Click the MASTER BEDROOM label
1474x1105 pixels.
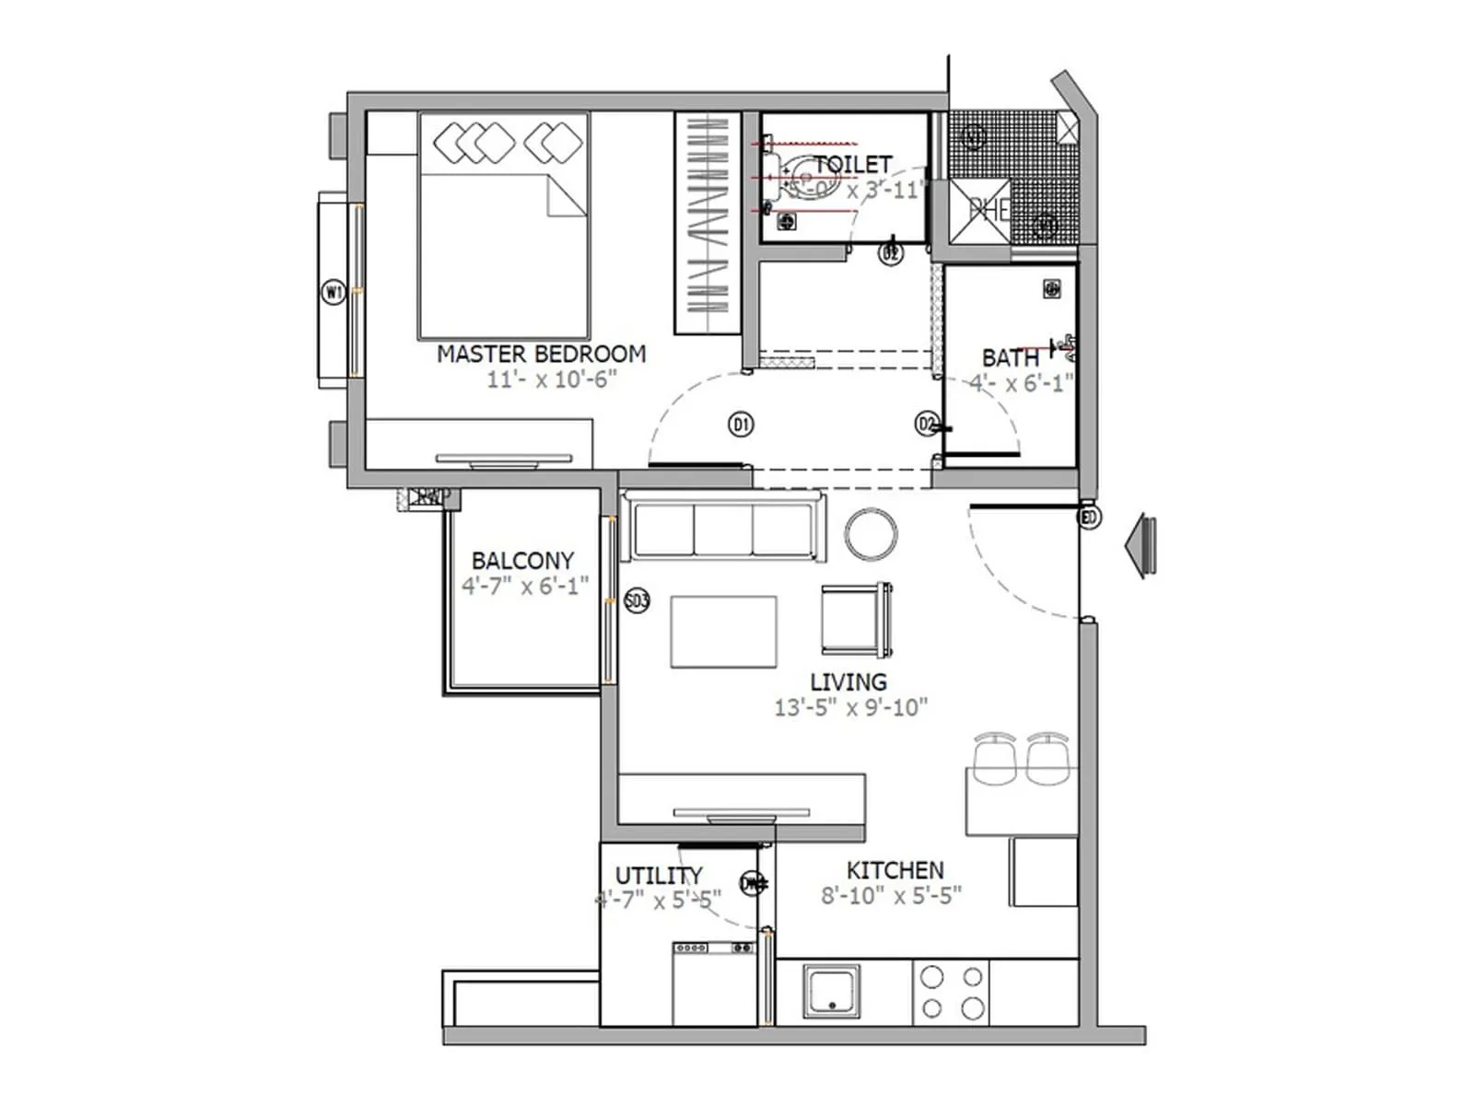(541, 354)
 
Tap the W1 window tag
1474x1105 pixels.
(333, 293)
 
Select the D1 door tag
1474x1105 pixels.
(741, 425)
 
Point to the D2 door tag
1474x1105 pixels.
(927, 424)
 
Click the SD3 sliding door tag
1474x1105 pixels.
(637, 601)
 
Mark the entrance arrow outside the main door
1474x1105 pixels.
(1141, 546)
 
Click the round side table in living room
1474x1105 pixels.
(871, 534)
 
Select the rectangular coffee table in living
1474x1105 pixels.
(723, 631)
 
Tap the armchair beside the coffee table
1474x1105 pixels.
(856, 619)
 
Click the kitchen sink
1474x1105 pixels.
(831, 992)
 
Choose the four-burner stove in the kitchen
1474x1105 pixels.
(952, 992)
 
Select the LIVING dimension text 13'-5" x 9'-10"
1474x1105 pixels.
(850, 707)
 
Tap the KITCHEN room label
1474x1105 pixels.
(895, 870)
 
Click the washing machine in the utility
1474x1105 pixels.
(714, 983)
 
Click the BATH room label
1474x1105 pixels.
(1010, 357)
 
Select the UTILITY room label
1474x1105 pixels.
(658, 875)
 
